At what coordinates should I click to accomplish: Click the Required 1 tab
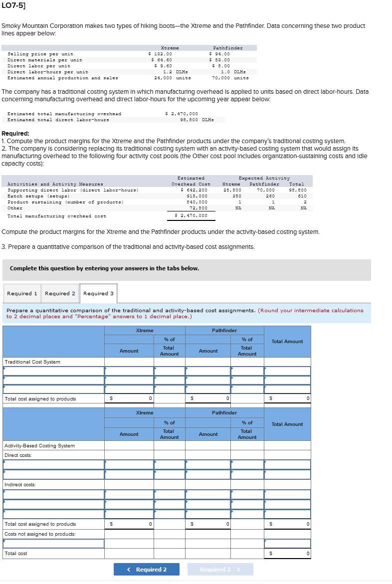click(22, 293)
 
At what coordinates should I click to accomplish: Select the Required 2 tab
click(60, 293)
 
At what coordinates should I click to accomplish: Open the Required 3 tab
click(98, 293)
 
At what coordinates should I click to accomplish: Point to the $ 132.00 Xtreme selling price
click(161, 54)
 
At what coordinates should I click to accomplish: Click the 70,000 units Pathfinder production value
click(230, 78)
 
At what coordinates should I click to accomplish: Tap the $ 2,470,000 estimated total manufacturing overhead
click(182, 114)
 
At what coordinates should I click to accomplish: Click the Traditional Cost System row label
click(32, 362)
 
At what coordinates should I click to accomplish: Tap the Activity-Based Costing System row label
click(39, 446)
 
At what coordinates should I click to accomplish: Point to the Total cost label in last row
click(16, 554)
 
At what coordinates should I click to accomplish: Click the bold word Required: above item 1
click(15, 134)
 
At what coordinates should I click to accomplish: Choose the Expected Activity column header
click(264, 178)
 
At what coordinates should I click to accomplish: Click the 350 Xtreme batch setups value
click(237, 196)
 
